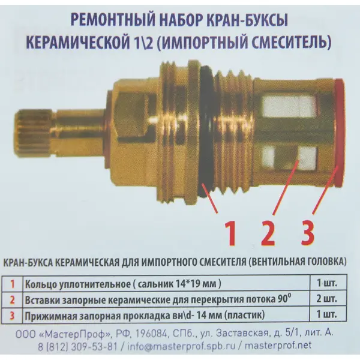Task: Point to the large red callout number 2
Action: (268, 233)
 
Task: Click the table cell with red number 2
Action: (12, 299)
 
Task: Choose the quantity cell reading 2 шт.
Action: (327, 299)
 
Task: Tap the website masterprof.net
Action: (278, 346)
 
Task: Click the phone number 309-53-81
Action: (94, 346)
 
